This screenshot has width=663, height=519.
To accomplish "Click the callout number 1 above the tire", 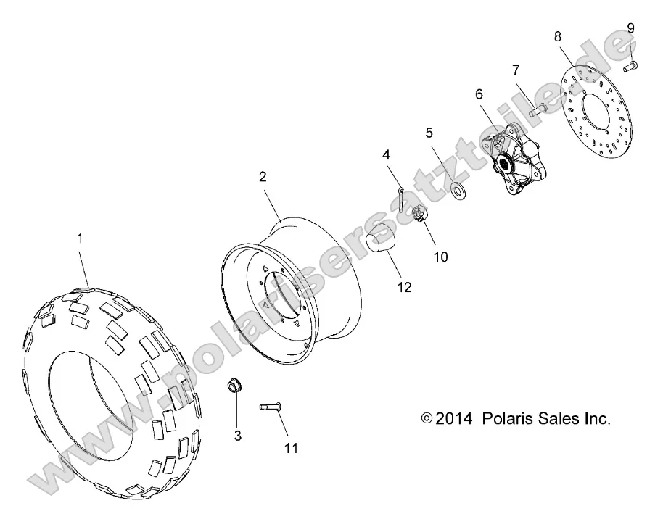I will (80, 238).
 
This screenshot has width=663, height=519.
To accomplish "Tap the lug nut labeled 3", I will (234, 386).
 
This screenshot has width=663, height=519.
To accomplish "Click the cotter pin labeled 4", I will (401, 192).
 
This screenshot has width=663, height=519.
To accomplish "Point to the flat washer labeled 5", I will (439, 171).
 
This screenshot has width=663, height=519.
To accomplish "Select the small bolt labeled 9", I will (630, 67).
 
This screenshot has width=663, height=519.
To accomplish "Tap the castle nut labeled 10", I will (419, 215).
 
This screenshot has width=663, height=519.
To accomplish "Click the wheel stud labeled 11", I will (270, 407).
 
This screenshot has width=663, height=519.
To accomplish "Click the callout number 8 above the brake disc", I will (556, 36).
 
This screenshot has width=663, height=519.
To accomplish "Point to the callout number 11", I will (291, 449).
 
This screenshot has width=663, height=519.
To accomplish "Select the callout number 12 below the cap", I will (404, 288).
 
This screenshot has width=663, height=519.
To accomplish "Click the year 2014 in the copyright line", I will (455, 418).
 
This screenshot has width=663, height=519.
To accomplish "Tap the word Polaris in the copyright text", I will (508, 418).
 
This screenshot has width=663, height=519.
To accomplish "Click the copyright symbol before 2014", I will (427, 419).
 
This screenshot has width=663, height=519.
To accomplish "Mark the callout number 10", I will (440, 257).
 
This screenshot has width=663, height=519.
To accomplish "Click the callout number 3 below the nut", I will (237, 436).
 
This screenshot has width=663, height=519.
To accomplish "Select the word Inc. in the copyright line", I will (597, 418).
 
